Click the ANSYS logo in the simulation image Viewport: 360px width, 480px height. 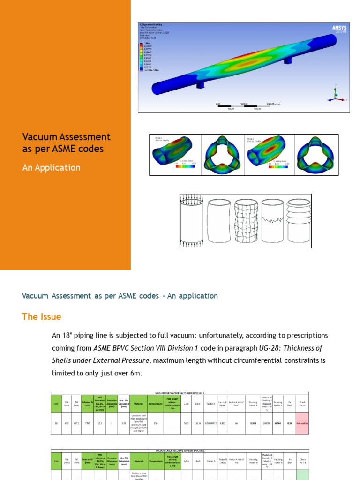point(339,29)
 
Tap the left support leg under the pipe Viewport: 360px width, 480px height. point(200,84)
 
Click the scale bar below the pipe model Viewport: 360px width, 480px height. point(244,105)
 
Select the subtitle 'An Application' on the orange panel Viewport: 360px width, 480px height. point(51,167)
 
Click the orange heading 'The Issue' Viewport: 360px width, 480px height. point(41,316)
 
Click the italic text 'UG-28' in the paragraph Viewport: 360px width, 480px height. point(269,348)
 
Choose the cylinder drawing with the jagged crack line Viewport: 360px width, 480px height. point(271,220)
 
